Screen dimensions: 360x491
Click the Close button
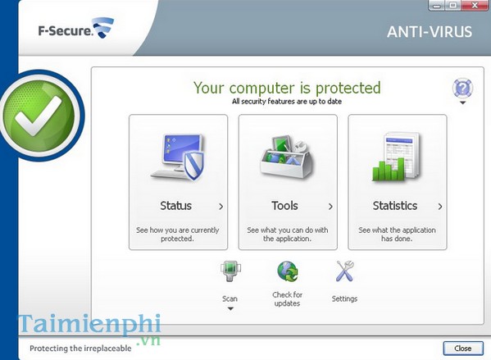coord(462,348)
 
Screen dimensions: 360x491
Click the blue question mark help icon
coord(461,88)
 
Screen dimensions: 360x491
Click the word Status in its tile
coord(175,206)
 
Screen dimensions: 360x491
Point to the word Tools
coord(284,206)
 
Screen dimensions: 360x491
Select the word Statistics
coord(394,206)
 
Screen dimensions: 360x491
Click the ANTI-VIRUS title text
coord(430,33)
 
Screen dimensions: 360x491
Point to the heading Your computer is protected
coord(287,87)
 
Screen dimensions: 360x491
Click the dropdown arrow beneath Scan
coord(230,309)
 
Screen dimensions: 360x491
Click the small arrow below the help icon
coord(462,103)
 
